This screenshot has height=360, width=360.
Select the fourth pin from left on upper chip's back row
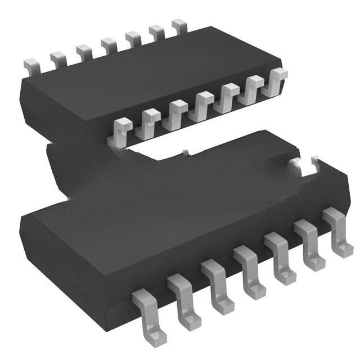pos(108,44)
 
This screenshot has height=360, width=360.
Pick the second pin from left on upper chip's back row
pos(58,59)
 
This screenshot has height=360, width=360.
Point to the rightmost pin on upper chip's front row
pos(277,79)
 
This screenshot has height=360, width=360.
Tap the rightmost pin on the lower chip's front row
pos(336,231)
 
